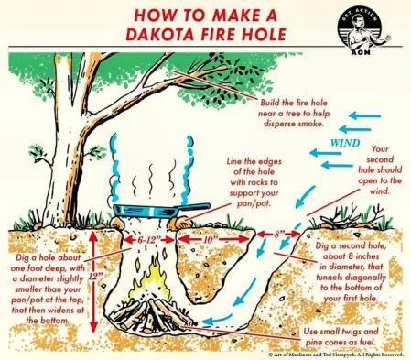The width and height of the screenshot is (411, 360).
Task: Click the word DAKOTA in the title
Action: pos(159,34)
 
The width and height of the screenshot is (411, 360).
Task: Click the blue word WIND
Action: pos(345,143)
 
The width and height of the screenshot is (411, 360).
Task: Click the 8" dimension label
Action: pos(278,235)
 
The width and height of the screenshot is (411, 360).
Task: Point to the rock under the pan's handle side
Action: pos(178,224)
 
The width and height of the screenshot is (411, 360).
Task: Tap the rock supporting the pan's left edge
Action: pos(117,224)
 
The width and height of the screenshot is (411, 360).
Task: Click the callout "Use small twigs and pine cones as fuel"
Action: pos(341,336)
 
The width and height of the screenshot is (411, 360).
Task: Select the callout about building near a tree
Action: pos(294,114)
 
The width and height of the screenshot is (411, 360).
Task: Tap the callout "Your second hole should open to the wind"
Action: pos(380,169)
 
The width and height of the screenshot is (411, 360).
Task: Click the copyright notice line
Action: pos(336,355)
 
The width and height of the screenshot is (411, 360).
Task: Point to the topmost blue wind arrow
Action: pos(365,116)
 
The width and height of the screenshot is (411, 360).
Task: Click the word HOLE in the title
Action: pos(265,34)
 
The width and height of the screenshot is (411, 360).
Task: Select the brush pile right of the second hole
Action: pos(351,218)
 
